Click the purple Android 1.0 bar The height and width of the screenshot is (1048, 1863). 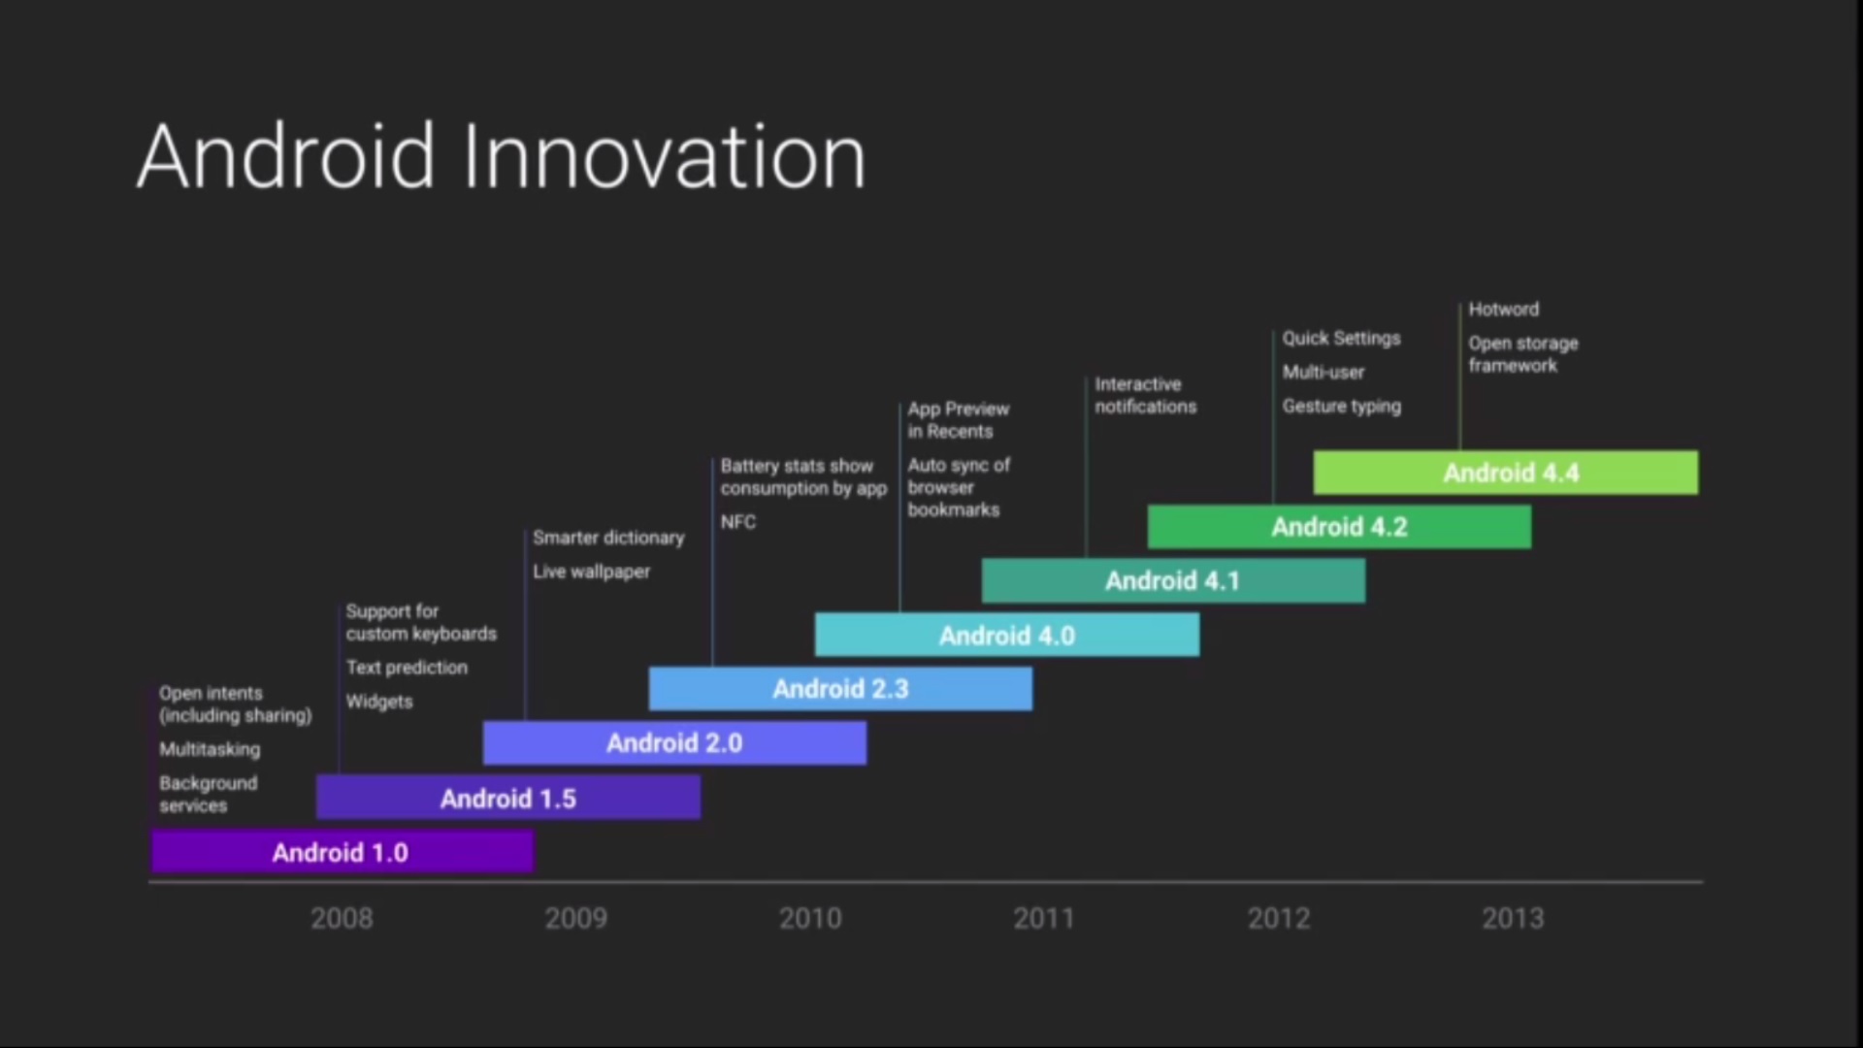click(342, 852)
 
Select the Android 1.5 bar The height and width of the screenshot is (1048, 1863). click(507, 798)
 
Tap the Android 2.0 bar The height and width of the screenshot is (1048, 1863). click(674, 743)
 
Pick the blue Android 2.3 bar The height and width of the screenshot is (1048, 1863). click(840, 689)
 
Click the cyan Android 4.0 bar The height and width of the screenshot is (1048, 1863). click(1007, 635)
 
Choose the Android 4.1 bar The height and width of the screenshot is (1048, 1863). click(1173, 580)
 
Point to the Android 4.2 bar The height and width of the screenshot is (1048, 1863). click(1339, 527)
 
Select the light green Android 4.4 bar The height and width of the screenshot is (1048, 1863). click(1506, 473)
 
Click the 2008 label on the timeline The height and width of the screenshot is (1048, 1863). click(342, 918)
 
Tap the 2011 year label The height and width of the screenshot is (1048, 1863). click(1044, 918)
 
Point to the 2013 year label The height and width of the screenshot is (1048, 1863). click(1513, 918)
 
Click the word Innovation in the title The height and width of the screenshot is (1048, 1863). click(665, 156)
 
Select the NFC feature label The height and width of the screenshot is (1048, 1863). click(738, 522)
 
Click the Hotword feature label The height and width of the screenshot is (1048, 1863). click(1504, 310)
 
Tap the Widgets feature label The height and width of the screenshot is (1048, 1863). click(379, 702)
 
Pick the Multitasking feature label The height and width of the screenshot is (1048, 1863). click(210, 749)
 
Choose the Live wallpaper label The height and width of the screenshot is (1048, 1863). click(591, 572)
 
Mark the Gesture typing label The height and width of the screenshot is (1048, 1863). click(1342, 407)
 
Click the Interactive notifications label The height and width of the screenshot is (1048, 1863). click(1146, 396)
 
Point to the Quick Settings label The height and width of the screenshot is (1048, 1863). click(1342, 339)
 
